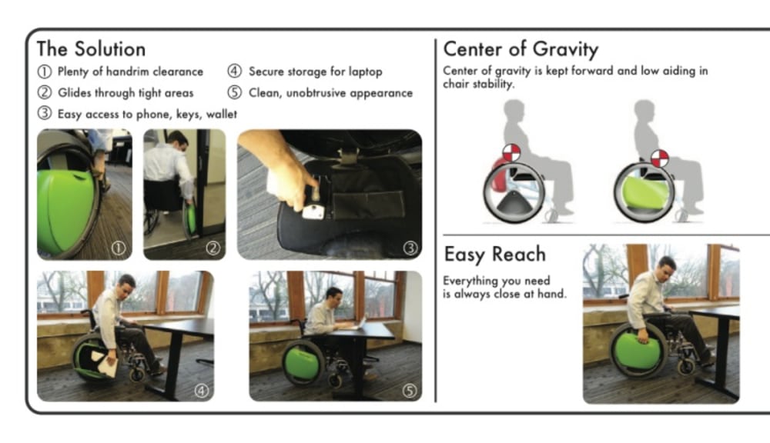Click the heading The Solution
[92, 49]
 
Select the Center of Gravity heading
[521, 49]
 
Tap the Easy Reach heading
[495, 254]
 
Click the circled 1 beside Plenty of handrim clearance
[44, 72]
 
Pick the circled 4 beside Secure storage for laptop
[234, 71]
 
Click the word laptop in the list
[365, 72]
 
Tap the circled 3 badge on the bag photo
[410, 248]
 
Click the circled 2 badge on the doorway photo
[213, 248]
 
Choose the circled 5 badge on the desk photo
[409, 391]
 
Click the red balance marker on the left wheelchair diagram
[511, 152]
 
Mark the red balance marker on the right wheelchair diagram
[660, 158]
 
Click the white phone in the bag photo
[313, 212]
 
